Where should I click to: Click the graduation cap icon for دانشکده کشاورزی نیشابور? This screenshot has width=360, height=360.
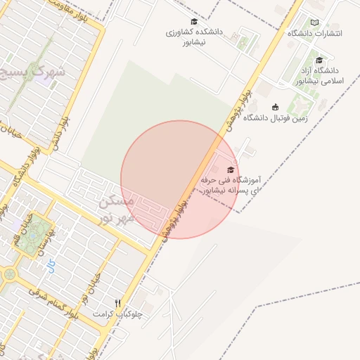[194, 22]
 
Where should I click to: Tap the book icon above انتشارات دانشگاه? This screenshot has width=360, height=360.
[314, 22]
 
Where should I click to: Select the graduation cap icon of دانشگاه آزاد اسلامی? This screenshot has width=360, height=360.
[320, 60]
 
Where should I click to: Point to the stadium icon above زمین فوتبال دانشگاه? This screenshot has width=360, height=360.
[274, 107]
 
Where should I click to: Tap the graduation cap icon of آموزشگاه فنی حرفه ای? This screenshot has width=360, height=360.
[231, 169]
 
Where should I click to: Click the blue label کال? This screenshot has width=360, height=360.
[49, 265]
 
